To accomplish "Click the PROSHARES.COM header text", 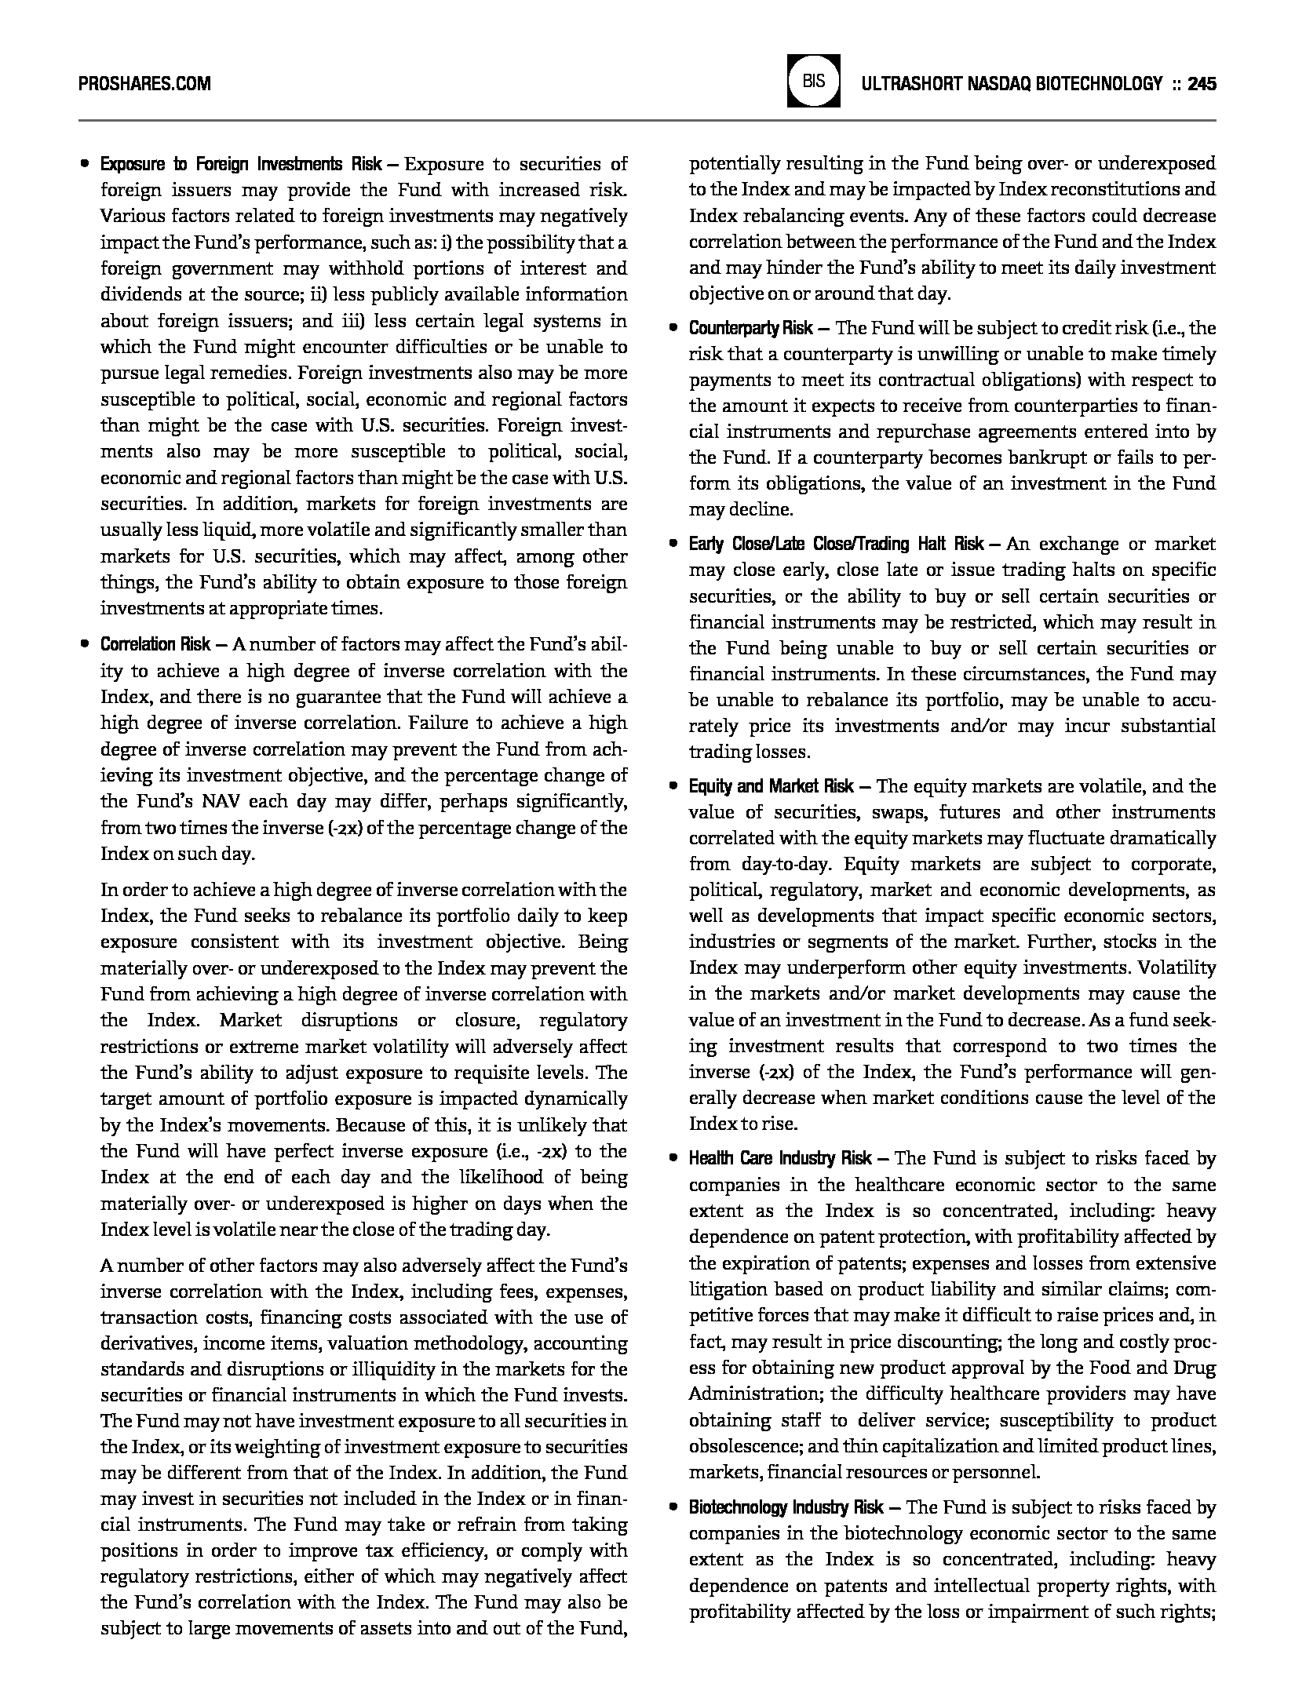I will pos(145,83).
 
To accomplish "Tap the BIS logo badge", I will pos(813,80).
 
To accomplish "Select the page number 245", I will pos(1202,83).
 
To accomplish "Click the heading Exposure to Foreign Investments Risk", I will pos(241,164).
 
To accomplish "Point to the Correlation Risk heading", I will pos(155,644).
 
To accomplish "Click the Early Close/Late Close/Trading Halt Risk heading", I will pos(837,543).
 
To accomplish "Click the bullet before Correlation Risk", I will pos(84,645).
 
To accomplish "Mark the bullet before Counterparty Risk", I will pos(673,328).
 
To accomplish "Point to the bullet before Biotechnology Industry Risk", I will pos(673,1507).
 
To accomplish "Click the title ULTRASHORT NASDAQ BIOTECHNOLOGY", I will pos(1011,83).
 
